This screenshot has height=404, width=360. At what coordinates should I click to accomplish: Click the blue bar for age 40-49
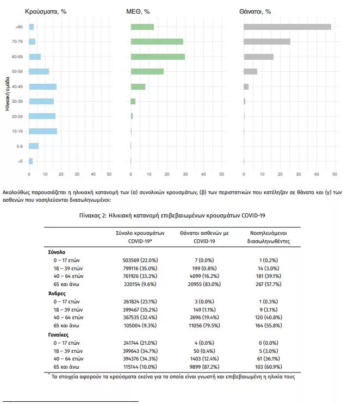43,86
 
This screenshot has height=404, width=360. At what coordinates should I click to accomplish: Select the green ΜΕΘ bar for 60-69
158,57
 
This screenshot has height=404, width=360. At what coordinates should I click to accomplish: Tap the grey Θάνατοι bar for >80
287,27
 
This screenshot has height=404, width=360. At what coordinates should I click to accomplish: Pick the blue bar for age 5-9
34,146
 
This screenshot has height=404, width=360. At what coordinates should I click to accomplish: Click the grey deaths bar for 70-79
267,41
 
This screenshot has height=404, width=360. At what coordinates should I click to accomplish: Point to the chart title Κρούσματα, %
46,11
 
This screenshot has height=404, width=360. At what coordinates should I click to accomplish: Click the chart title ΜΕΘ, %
138,11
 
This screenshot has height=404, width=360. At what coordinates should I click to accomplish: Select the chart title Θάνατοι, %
255,11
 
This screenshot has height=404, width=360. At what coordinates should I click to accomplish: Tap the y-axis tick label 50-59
17,71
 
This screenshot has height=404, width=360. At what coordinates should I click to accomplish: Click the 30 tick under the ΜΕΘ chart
185,174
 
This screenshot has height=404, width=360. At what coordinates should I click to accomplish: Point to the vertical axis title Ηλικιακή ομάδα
7,94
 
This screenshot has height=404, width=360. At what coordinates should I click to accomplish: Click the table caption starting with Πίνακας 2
172,215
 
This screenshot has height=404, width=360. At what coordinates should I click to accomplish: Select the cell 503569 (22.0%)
140,260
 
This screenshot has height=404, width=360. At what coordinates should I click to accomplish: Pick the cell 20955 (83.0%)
204,284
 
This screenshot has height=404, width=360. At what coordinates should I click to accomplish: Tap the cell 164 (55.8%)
269,325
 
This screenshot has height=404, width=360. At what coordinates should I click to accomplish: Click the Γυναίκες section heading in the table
58,335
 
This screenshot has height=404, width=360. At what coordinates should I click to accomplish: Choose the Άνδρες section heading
57,294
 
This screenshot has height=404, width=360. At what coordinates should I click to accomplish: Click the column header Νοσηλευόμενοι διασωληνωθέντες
269,237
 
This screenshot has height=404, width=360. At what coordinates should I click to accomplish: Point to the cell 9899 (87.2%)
204,366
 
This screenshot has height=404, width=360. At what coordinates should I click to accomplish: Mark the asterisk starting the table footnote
49,374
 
